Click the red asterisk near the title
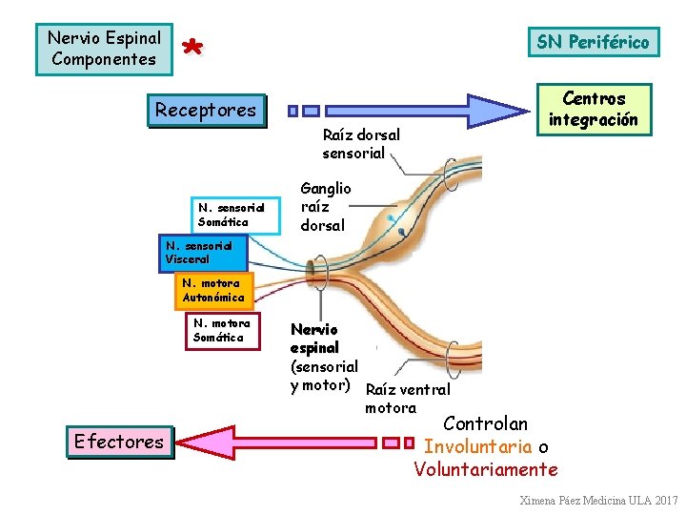[193, 48]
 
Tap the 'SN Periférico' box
[592, 42]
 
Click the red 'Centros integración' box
[594, 110]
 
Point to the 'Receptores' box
[206, 110]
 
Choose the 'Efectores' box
[119, 442]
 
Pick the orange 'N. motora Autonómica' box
[213, 290]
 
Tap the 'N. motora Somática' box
[221, 330]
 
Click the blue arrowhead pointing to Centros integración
[504, 110]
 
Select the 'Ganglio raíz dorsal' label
[326, 207]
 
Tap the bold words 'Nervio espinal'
[314, 339]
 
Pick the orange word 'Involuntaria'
[477, 446]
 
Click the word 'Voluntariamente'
[486, 469]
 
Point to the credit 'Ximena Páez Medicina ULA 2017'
[598, 501]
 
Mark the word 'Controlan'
[486, 423]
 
